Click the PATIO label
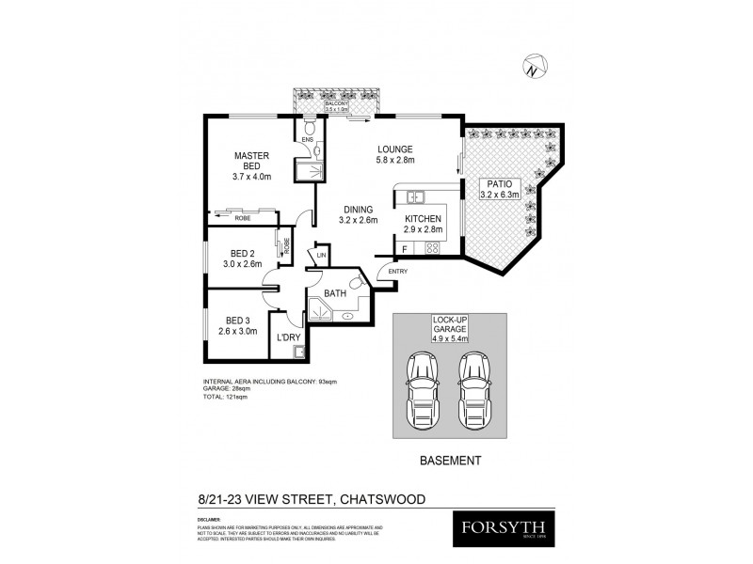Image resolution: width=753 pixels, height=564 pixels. (x=500, y=183)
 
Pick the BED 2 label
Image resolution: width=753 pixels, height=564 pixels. (x=243, y=254)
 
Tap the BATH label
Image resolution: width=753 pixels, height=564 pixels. (x=336, y=292)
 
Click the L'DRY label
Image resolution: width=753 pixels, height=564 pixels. (x=288, y=337)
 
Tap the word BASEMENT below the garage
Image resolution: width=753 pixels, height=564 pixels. (x=449, y=461)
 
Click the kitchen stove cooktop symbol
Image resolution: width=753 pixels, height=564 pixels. (x=434, y=248)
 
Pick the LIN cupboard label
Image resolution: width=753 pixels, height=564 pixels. (x=321, y=255)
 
